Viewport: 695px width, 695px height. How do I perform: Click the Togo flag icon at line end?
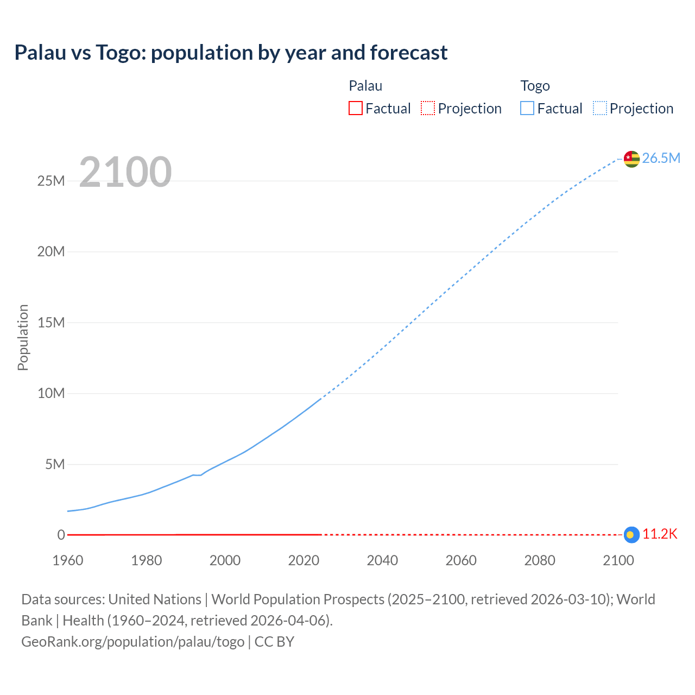click(x=631, y=159)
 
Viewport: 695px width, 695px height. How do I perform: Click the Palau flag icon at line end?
click(x=631, y=535)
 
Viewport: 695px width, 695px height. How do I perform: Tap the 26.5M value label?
click(x=661, y=158)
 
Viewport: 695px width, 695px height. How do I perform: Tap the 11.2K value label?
click(x=660, y=534)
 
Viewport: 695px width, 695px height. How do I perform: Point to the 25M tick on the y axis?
click(x=51, y=181)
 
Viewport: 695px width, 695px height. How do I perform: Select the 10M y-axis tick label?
click(x=51, y=393)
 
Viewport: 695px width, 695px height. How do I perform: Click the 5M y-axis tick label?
click(x=55, y=464)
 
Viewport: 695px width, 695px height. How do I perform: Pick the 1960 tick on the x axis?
click(x=68, y=560)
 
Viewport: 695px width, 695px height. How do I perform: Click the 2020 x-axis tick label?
click(x=304, y=560)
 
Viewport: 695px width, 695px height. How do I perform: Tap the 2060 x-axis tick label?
click(x=461, y=560)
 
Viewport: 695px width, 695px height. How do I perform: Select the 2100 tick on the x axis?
click(x=618, y=560)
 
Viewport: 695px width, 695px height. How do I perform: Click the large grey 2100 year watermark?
click(x=125, y=172)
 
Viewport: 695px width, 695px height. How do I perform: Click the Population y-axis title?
click(x=23, y=337)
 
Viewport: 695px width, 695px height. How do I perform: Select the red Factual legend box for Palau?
click(x=356, y=109)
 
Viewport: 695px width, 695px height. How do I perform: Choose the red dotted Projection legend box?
click(x=428, y=109)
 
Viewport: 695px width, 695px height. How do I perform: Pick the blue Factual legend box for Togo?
click(x=527, y=109)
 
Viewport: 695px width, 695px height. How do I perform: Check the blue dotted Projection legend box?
click(x=600, y=109)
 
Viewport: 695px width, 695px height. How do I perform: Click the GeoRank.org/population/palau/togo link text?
click(x=133, y=642)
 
